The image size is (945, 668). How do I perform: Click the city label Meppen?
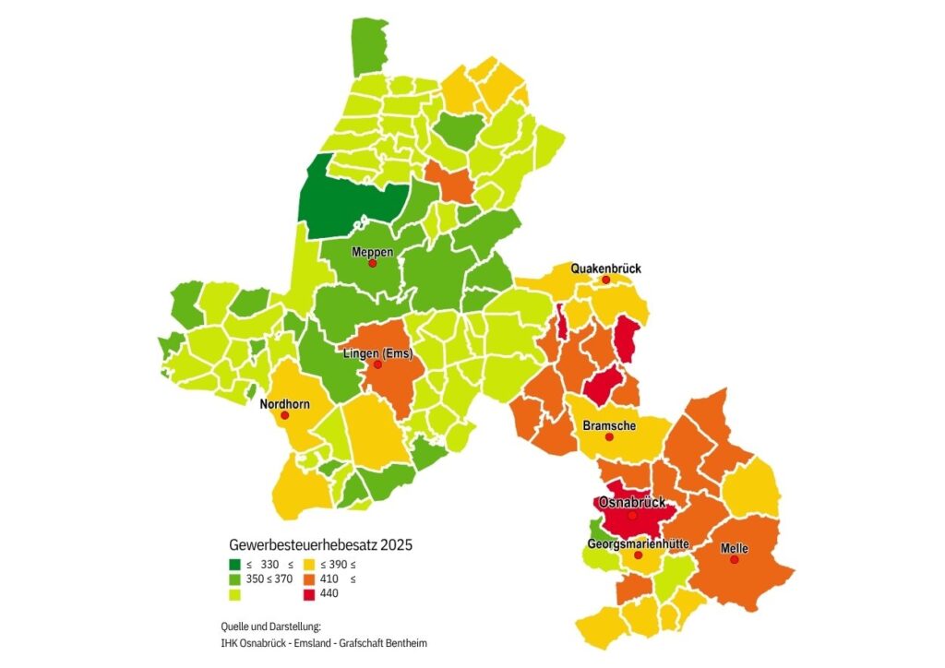pos(372,252)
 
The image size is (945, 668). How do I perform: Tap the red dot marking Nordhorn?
pos(284,415)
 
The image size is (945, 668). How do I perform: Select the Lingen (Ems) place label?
pos(377,354)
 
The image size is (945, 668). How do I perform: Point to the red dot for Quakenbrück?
pos(606,280)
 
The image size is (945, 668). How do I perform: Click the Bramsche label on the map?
pos(609,425)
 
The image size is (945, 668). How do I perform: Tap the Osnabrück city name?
pos(632,503)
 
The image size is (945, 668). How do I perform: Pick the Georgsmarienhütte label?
pos(638,544)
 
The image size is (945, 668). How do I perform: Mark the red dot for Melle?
pos(735,559)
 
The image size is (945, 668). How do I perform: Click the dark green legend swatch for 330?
pos(235,565)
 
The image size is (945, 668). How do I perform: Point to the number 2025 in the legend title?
pos(395,545)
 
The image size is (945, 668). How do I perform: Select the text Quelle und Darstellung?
pos(270,626)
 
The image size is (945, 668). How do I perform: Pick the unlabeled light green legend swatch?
pos(235,593)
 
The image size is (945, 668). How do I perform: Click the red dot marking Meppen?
pos(372,263)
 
